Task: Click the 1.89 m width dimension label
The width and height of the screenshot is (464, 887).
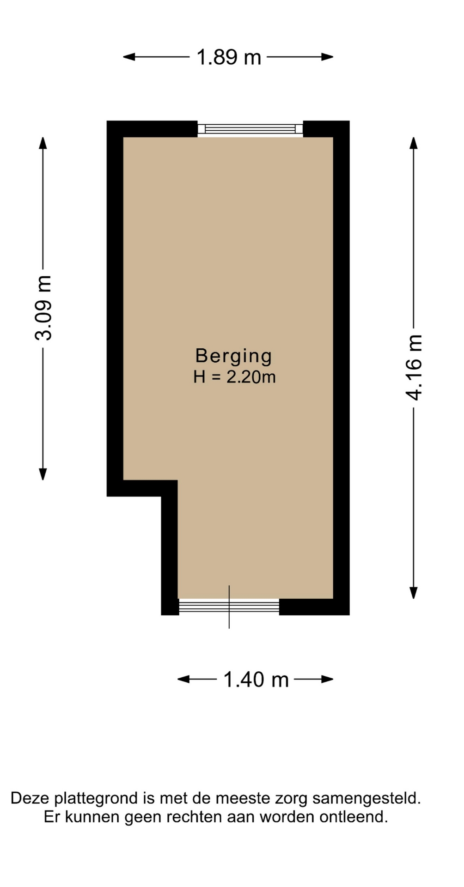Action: pyautogui.click(x=229, y=57)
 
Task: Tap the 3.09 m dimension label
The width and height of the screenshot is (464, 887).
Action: pyautogui.click(x=43, y=308)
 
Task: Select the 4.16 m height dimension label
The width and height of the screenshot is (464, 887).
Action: pyautogui.click(x=414, y=367)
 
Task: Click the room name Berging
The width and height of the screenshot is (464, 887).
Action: pyautogui.click(x=234, y=356)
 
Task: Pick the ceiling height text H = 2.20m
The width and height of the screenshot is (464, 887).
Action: pyautogui.click(x=234, y=377)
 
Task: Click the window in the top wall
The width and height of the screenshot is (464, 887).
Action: pyautogui.click(x=250, y=129)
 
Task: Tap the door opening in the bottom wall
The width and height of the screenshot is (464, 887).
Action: pyautogui.click(x=229, y=606)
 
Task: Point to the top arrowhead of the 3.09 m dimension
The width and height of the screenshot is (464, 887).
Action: pyautogui.click(x=43, y=143)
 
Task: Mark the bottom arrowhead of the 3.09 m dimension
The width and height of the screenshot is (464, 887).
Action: pyautogui.click(x=43, y=474)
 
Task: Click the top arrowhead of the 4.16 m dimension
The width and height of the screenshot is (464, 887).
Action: pyautogui.click(x=414, y=143)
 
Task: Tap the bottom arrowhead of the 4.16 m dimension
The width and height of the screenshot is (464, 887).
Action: pyautogui.click(x=414, y=593)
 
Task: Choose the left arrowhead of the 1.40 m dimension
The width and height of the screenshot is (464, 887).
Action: pyautogui.click(x=183, y=679)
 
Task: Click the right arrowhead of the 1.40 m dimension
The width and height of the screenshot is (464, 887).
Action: pyautogui.click(x=328, y=679)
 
